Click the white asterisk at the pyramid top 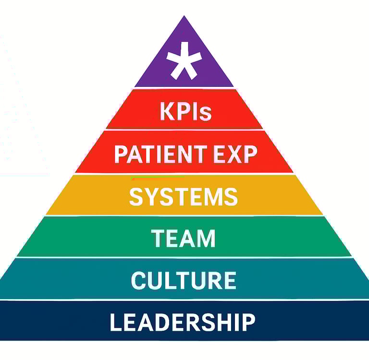(184, 60)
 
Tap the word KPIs (185, 111)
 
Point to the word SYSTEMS (184, 197)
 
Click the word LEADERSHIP (183, 322)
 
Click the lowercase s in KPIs (206, 113)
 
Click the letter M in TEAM (206, 239)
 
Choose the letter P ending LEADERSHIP (248, 322)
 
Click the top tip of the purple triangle (184, 17)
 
